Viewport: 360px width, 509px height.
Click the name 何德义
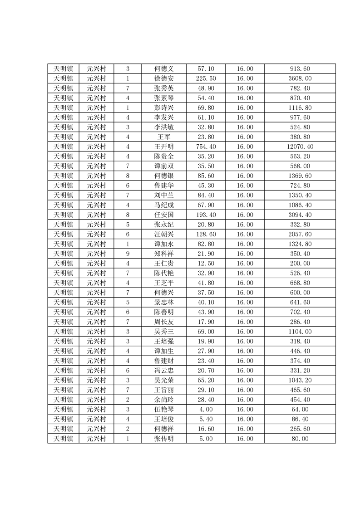pos(164,69)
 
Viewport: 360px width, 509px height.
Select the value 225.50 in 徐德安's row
pos(206,78)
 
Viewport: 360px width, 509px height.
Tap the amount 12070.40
pos(300,147)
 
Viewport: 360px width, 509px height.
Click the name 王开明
pos(164,147)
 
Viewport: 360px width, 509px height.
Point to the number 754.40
pos(206,147)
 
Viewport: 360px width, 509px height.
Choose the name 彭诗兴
pos(164,108)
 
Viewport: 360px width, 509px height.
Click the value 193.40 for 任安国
pos(206,215)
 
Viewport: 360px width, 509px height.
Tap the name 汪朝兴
pos(164,234)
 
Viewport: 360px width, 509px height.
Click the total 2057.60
pos(300,234)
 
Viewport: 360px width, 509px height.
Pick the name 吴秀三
pos(164,332)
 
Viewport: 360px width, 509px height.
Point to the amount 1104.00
pos(300,332)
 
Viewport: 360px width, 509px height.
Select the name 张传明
pos(164,439)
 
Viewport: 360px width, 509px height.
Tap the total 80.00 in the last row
pos(300,439)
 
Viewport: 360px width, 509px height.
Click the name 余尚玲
pos(164,400)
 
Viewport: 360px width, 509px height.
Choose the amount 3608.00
pos(300,78)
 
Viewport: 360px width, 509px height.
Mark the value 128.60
pos(206,234)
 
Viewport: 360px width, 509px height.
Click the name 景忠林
pos(164,302)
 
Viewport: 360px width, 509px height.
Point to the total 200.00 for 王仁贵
pos(300,264)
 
